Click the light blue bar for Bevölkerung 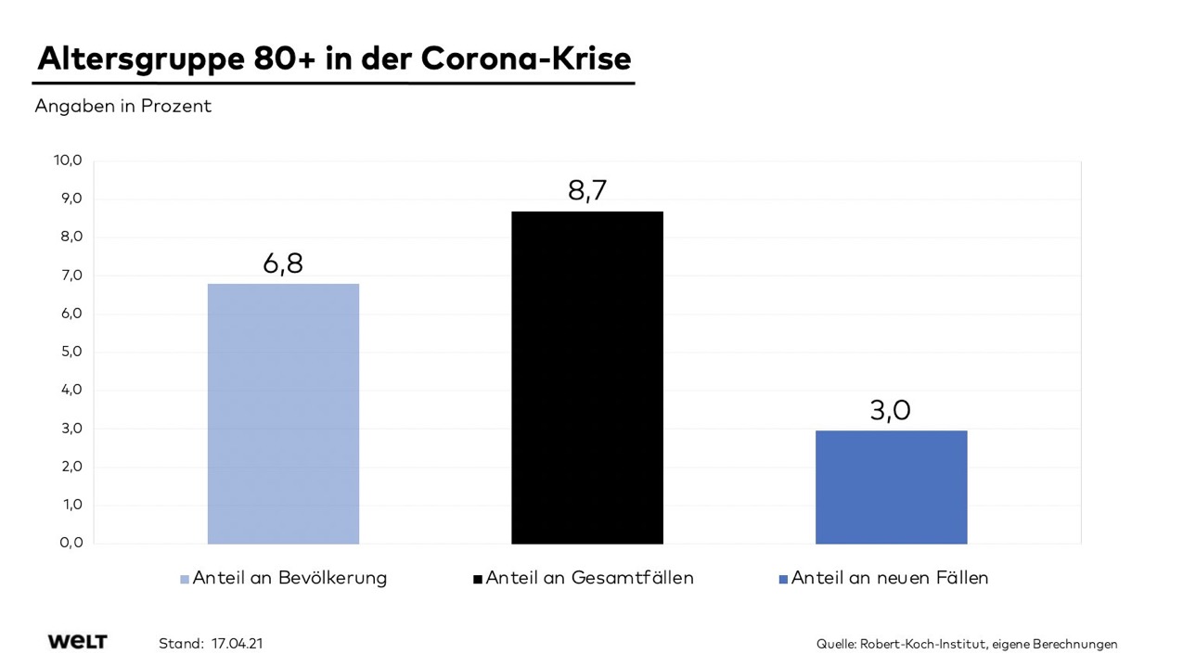tap(283, 413)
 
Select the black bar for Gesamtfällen tap(586, 377)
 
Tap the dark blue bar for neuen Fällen tap(891, 486)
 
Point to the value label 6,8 tap(283, 263)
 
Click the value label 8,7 tap(587, 190)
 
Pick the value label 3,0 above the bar tap(891, 410)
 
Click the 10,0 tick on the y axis tap(68, 160)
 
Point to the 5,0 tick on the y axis tap(71, 352)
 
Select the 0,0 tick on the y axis tap(71, 543)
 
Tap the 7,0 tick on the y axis tap(71, 276)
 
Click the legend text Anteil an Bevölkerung tap(289, 578)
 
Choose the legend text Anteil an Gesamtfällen tap(589, 578)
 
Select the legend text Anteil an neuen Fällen tap(890, 578)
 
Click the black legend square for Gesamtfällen tap(478, 579)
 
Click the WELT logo tap(77, 642)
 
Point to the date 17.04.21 tap(237, 643)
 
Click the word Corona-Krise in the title tap(526, 58)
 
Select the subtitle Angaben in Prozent tap(122, 107)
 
